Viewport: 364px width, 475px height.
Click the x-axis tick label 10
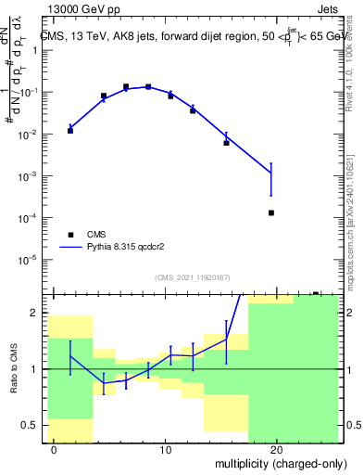click(x=165, y=449)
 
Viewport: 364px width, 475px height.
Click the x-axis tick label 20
click(x=276, y=449)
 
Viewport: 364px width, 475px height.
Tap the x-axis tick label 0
click(x=55, y=449)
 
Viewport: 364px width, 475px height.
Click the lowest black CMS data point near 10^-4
click(x=271, y=213)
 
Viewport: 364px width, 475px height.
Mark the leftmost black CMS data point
click(x=70, y=131)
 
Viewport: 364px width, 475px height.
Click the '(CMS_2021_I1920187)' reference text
click(x=192, y=277)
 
